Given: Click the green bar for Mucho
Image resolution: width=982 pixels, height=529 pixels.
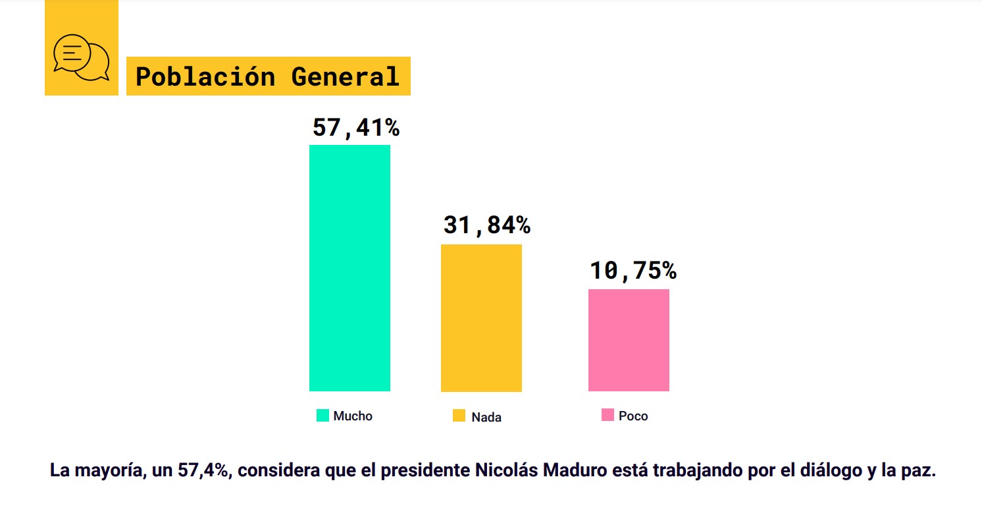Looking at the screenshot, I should click(x=349, y=267).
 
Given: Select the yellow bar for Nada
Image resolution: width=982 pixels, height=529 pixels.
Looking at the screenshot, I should click(x=481, y=318).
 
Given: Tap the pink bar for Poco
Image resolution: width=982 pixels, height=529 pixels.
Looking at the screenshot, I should click(x=629, y=340).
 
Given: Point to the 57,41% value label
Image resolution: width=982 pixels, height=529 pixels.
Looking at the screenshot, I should click(x=355, y=128).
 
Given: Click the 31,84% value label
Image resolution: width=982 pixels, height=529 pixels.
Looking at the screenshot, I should click(x=486, y=225).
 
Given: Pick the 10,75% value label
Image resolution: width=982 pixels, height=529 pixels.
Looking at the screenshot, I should click(x=633, y=271).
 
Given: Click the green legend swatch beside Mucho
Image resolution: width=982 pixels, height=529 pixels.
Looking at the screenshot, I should click(x=323, y=416).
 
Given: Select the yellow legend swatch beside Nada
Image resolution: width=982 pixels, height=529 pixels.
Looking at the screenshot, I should click(x=459, y=416).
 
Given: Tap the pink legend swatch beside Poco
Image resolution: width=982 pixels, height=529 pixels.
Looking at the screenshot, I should click(x=607, y=416).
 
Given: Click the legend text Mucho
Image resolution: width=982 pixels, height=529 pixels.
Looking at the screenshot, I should click(x=353, y=416).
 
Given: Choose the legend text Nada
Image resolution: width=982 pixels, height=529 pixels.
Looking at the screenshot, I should click(x=486, y=417).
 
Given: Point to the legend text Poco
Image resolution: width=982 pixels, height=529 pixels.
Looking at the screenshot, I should click(x=633, y=416).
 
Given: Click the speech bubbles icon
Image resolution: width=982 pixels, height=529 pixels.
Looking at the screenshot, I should click(x=82, y=57).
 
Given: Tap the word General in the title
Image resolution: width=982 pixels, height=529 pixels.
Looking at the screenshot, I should click(x=346, y=77).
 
